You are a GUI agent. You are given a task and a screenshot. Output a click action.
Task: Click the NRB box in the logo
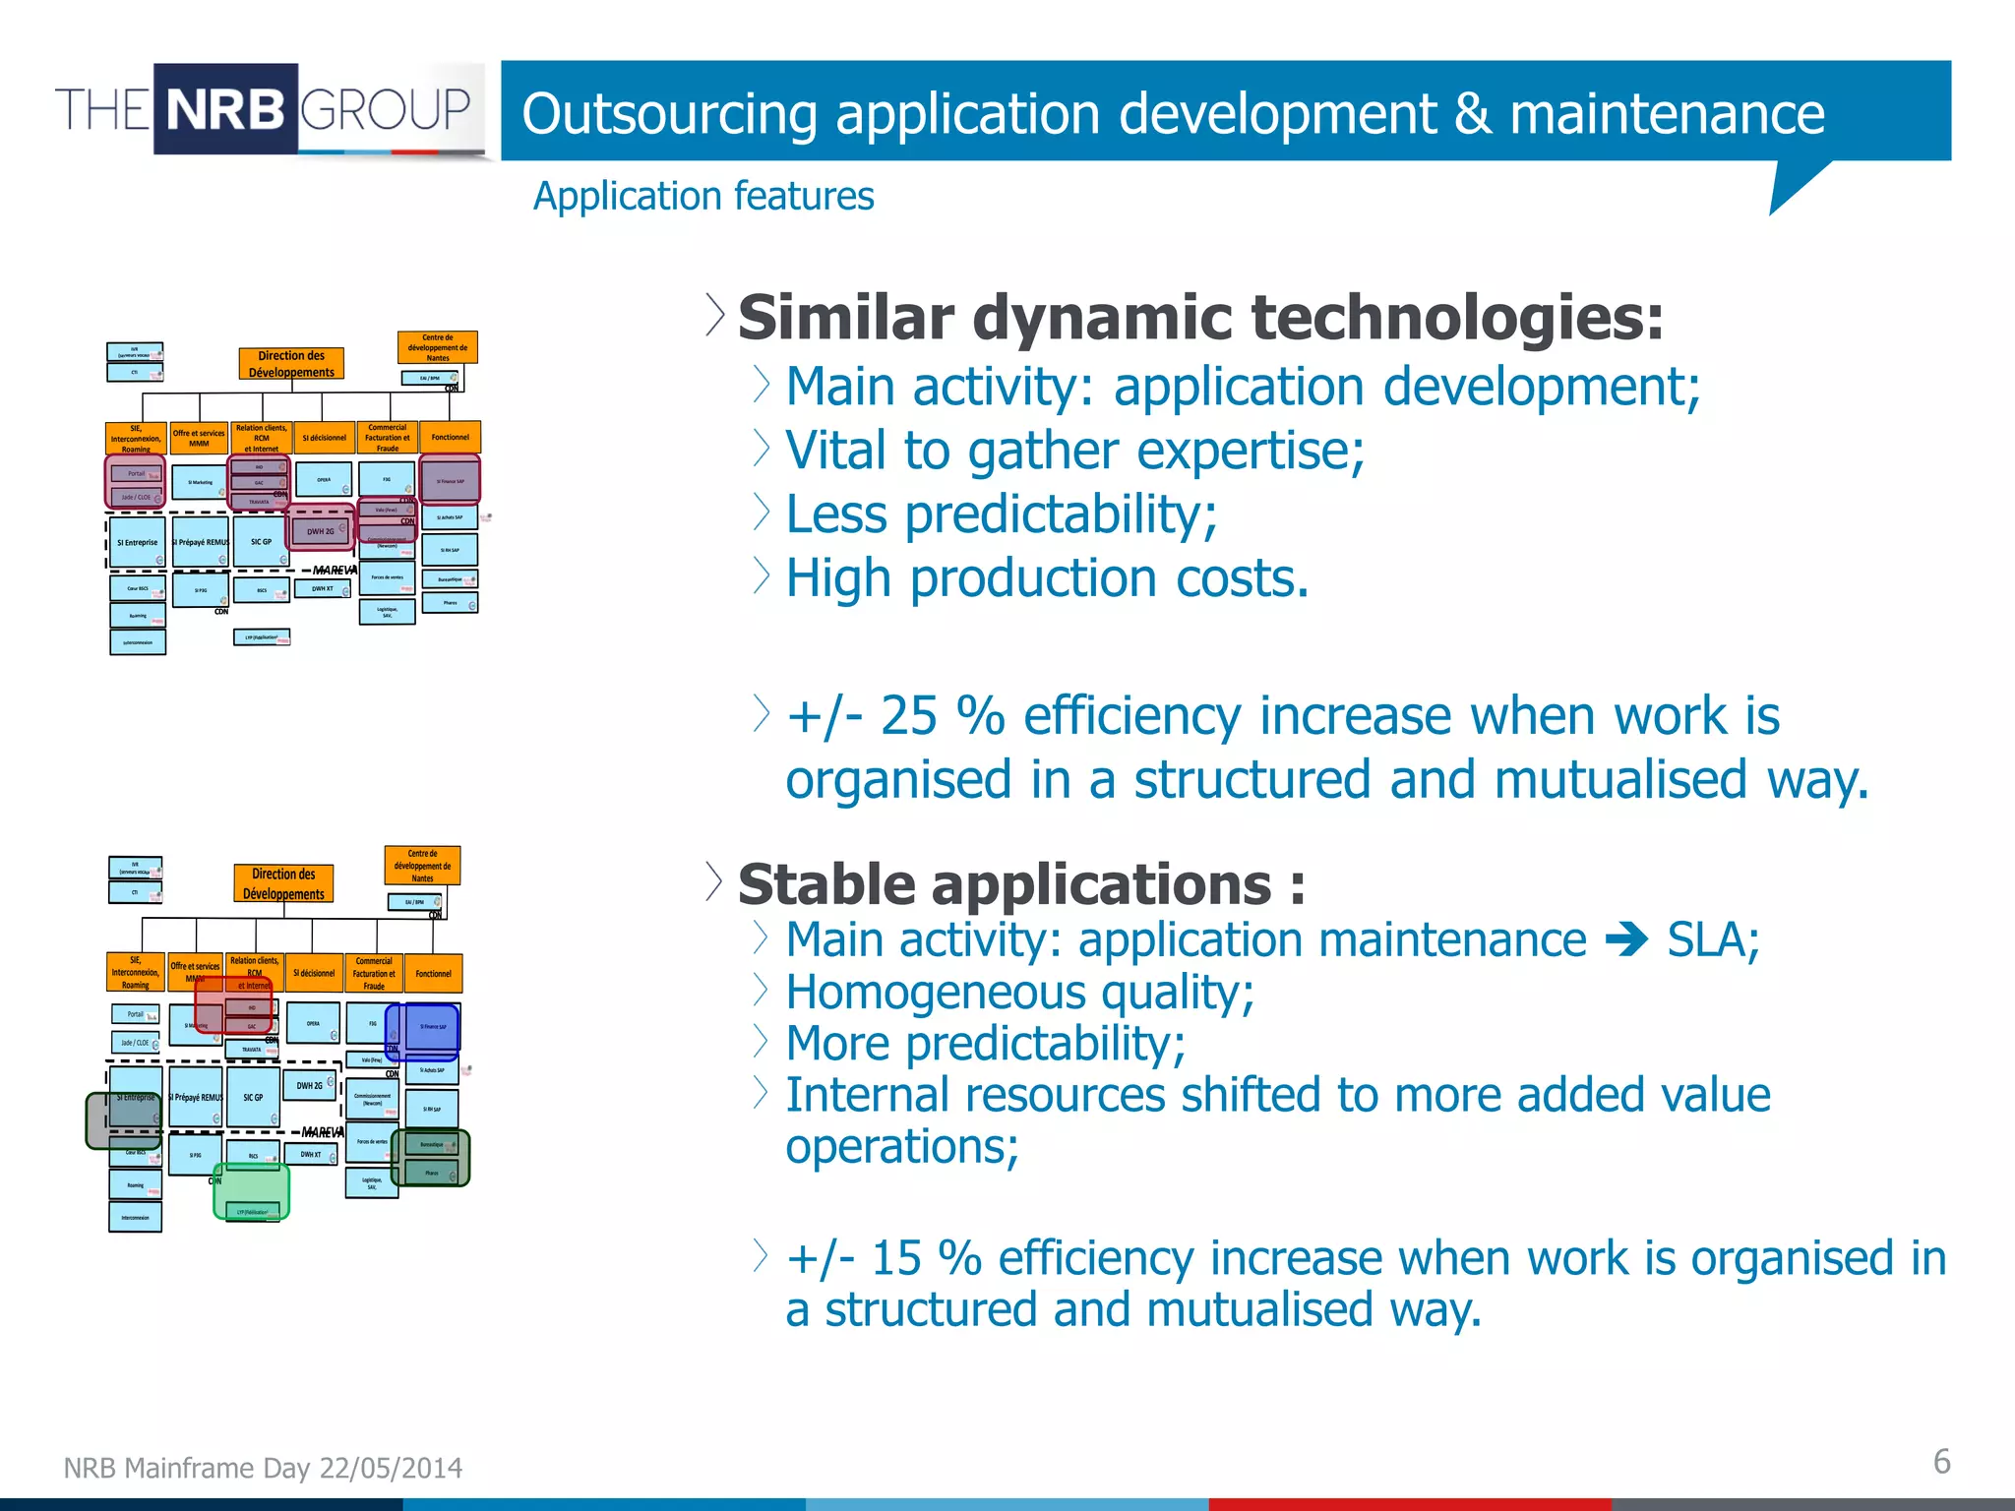(225, 109)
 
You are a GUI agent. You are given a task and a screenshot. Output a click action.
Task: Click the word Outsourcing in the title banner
(668, 114)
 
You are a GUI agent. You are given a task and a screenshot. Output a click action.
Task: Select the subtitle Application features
(702, 196)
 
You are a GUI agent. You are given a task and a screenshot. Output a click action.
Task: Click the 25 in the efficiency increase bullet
(907, 715)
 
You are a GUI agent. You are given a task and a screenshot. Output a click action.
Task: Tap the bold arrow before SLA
(1625, 940)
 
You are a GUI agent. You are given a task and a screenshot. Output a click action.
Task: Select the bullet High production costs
(1046, 578)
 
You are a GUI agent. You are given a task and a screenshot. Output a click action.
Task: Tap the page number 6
(1940, 1461)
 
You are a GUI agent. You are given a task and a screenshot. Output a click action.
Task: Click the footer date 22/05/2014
(391, 1468)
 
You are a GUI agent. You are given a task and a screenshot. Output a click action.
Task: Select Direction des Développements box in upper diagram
(291, 364)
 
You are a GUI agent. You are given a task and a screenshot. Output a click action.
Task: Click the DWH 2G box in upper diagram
(320, 531)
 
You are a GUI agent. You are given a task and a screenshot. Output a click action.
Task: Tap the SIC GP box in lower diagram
(253, 1098)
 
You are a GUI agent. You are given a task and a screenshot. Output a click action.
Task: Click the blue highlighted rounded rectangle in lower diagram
(422, 1031)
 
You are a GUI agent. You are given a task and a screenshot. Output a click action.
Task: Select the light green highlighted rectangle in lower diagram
(251, 1191)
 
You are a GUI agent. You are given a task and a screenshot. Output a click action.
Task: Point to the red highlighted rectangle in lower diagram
(233, 1003)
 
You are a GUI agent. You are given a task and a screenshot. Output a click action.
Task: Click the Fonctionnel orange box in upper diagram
(450, 437)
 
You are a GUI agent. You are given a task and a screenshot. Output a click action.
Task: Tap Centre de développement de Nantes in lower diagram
(422, 866)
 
